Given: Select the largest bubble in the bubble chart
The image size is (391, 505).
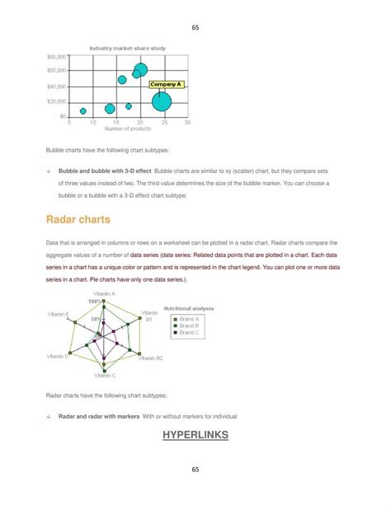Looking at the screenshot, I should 162,101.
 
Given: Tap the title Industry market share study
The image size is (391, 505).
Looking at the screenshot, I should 128,49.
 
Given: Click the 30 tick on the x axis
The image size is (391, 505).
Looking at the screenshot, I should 187,122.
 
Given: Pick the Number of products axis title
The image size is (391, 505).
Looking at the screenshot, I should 128,129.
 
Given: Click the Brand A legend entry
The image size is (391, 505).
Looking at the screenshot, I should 189,319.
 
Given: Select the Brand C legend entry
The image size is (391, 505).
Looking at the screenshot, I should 189,333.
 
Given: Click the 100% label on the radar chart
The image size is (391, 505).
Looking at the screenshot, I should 94,302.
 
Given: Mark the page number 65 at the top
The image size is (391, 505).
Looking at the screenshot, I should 195,27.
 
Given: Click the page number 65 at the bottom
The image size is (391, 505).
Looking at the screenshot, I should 195,470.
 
